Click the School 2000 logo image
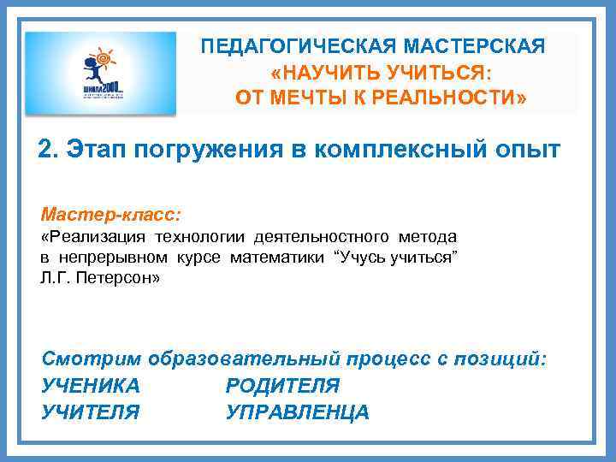click(x=101, y=73)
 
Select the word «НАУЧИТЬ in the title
click(x=322, y=72)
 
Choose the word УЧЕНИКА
click(x=91, y=386)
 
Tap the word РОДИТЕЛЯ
click(x=282, y=386)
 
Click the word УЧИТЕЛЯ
click(x=91, y=412)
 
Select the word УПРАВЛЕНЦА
click(x=298, y=412)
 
